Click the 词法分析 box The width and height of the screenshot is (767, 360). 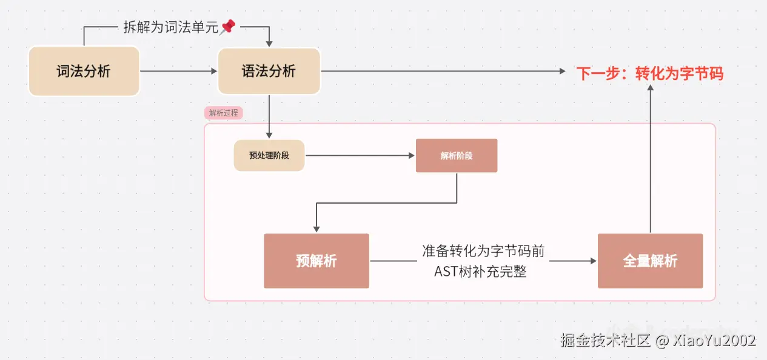point(84,72)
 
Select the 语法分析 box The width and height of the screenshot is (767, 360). point(269,72)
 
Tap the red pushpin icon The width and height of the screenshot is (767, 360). point(228,27)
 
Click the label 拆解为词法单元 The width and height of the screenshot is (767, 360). point(170,27)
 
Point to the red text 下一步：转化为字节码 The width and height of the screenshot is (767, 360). point(649,73)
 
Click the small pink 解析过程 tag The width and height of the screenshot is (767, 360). point(224,113)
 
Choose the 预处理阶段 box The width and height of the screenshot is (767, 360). point(269,155)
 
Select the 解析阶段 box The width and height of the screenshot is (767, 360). point(456,156)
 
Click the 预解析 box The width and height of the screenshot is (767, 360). point(316,261)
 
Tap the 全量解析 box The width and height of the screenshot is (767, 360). point(650,261)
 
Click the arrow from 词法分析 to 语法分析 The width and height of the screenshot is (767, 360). point(178,72)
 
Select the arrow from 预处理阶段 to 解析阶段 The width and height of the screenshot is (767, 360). point(360,156)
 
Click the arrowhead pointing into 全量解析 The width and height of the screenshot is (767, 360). point(593,261)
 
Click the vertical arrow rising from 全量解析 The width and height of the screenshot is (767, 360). point(650,158)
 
